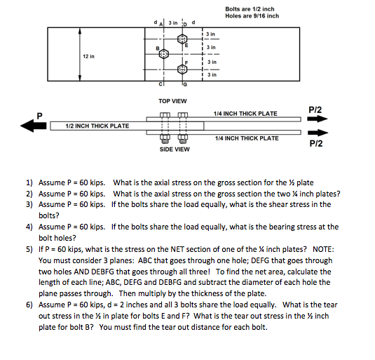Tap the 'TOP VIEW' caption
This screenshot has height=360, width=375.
pyautogui.click(x=172, y=100)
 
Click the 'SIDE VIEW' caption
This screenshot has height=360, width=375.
pyautogui.click(x=174, y=149)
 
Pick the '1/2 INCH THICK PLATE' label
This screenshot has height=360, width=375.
pyautogui.click(x=97, y=126)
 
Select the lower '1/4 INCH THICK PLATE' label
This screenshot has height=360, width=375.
pyautogui.click(x=247, y=138)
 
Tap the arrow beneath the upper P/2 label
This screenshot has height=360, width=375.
pyautogui.click(x=316, y=119)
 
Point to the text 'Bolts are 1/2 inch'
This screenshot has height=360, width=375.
pyautogui.click(x=250, y=9)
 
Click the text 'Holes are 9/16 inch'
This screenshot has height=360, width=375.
pyautogui.click(x=252, y=16)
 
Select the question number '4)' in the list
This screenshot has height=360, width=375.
pyautogui.click(x=29, y=227)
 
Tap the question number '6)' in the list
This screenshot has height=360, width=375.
pyautogui.click(x=29, y=306)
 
